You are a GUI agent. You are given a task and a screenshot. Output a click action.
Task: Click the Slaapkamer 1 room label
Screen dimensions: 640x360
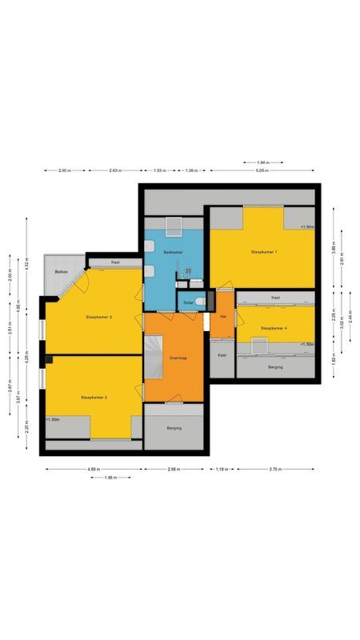click(264, 252)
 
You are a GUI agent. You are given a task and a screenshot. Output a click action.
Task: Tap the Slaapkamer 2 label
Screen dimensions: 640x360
click(94, 397)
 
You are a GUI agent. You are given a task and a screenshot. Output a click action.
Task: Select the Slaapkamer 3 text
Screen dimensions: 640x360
click(98, 318)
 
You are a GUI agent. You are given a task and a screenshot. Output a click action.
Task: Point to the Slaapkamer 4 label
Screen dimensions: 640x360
click(274, 329)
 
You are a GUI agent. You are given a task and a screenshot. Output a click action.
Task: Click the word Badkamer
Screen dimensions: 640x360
click(173, 252)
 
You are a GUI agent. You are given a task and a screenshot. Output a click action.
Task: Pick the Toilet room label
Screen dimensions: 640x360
click(188, 302)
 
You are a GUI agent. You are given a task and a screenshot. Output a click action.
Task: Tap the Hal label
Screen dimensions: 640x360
click(223, 317)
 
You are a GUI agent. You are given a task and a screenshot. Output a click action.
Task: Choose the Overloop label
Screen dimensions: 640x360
click(178, 358)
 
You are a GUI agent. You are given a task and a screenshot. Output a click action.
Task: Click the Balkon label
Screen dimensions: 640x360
click(61, 273)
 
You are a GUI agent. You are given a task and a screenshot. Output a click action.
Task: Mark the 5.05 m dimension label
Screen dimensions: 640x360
click(261, 171)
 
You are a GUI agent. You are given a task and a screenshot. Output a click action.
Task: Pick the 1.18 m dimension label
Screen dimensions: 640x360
click(222, 469)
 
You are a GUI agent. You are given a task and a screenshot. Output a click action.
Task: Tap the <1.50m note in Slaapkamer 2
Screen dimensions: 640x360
click(54, 419)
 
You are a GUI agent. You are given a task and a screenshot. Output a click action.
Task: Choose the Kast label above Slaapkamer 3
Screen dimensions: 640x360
click(116, 262)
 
